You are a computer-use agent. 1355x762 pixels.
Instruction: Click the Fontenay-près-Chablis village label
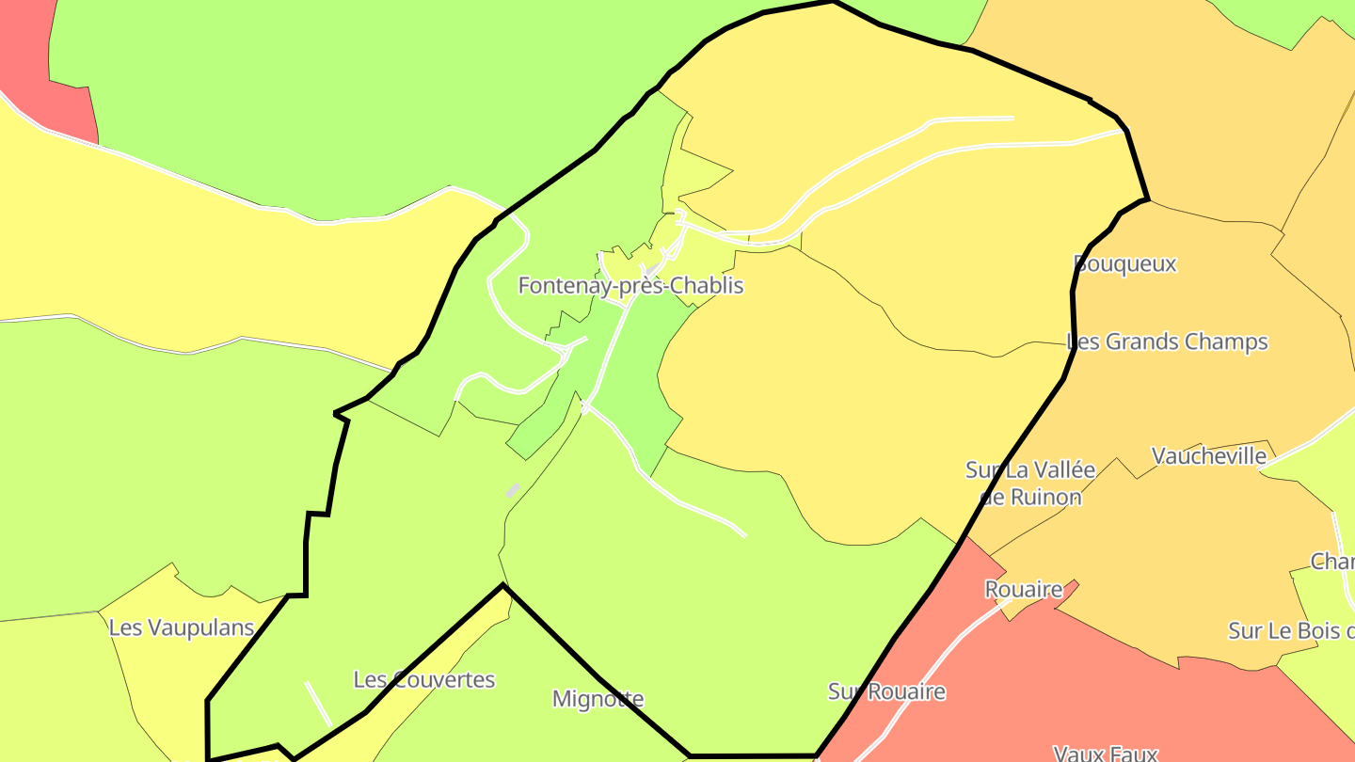630,285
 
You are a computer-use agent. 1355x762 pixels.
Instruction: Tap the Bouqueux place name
1125,263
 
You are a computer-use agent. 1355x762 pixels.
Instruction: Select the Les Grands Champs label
1167,341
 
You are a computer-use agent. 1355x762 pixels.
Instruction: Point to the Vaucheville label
1209,456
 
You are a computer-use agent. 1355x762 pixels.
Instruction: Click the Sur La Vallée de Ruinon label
1030,483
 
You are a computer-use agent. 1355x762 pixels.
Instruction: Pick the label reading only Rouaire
1024,590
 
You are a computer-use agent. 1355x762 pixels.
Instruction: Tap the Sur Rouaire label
886,691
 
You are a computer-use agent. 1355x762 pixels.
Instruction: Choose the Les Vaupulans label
182,627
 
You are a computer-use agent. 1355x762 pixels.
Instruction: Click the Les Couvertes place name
423,679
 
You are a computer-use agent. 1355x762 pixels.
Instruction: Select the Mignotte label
598,699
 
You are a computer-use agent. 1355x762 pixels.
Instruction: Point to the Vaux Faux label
1105,753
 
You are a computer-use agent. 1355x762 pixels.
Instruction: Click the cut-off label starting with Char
1332,562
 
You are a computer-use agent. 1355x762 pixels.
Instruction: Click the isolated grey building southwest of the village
513,490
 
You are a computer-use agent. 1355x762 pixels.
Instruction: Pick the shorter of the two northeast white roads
969,119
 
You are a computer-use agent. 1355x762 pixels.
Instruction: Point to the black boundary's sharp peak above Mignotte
504,585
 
